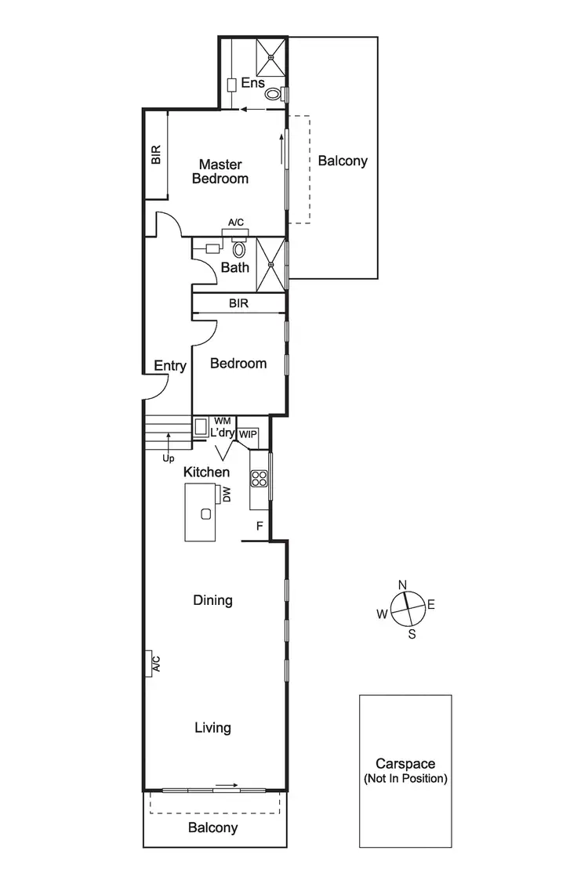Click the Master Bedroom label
pyautogui.click(x=223, y=172)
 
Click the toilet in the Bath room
pyautogui.click(x=240, y=249)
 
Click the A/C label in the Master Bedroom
pyautogui.click(x=236, y=223)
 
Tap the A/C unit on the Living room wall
pyautogui.click(x=148, y=664)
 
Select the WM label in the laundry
pyautogui.click(x=222, y=422)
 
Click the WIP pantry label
pyautogui.click(x=248, y=434)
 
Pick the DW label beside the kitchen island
pyautogui.click(x=226, y=494)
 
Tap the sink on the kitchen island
pyautogui.click(x=205, y=514)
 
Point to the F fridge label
pyautogui.click(x=259, y=527)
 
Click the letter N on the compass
pyautogui.click(x=403, y=585)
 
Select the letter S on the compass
pyautogui.click(x=412, y=635)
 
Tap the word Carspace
pyautogui.click(x=405, y=764)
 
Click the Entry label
pyautogui.click(x=170, y=366)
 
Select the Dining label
pyautogui.click(x=213, y=600)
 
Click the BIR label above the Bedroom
pyautogui.click(x=239, y=303)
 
